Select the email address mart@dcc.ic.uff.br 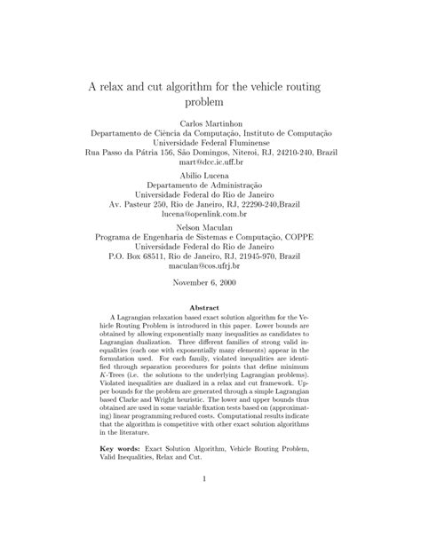210,164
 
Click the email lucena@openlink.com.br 210,214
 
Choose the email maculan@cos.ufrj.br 210,265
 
